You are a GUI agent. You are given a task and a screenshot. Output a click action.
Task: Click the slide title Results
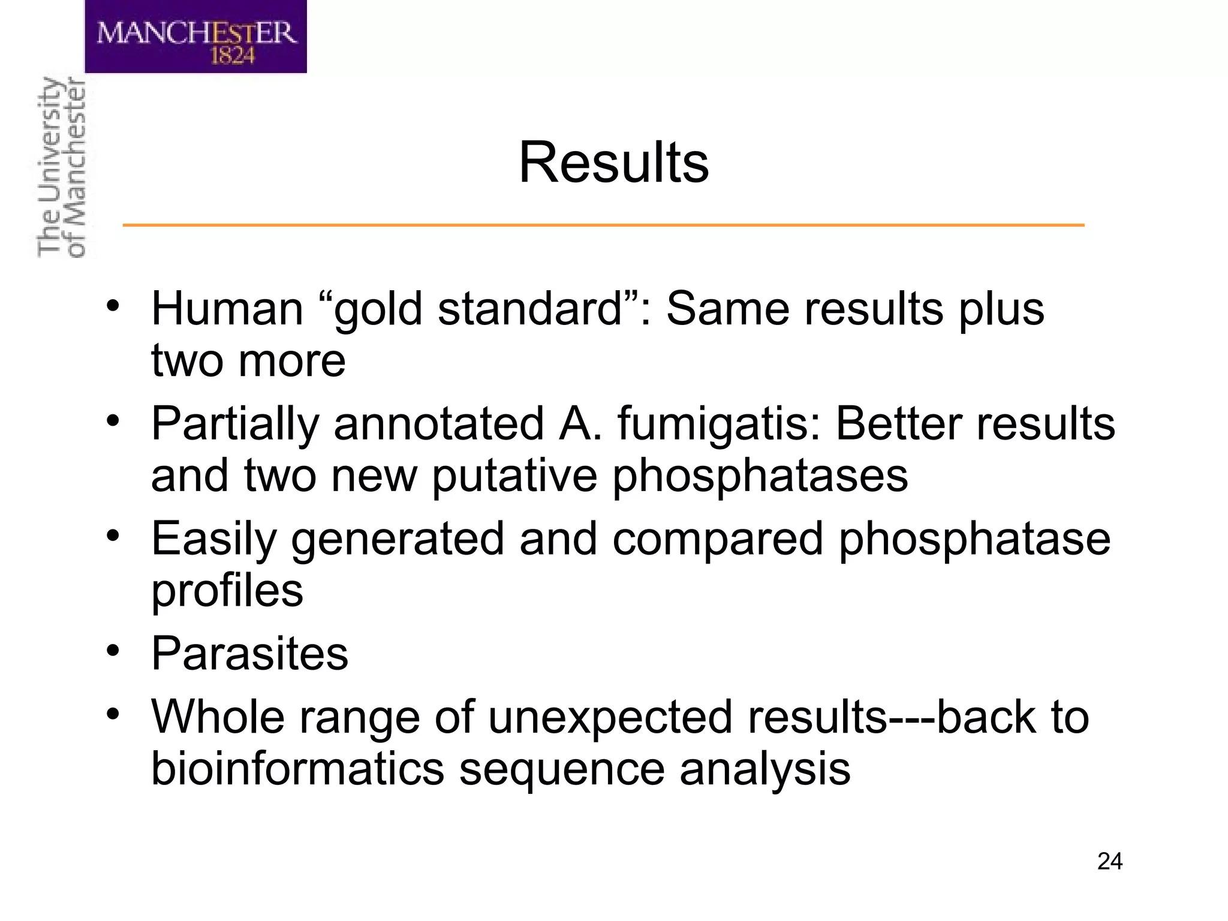click(613, 163)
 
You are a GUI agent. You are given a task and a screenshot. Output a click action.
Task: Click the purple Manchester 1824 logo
click(195, 37)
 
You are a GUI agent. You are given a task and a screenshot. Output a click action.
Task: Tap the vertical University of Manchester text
click(61, 168)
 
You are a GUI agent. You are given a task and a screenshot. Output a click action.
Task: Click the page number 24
click(1109, 862)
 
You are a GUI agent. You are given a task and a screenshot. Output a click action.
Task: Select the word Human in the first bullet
click(227, 309)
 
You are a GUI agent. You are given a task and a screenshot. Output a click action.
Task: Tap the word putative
click(514, 475)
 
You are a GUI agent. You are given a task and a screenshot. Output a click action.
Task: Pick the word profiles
click(227, 591)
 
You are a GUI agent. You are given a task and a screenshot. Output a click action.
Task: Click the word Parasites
click(249, 654)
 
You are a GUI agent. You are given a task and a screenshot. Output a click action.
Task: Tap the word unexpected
click(610, 718)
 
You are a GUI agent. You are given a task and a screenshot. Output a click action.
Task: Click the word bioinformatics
click(297, 769)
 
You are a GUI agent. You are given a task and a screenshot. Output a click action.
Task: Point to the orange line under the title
click(603, 225)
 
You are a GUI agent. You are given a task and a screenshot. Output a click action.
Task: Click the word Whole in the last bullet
click(217, 717)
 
